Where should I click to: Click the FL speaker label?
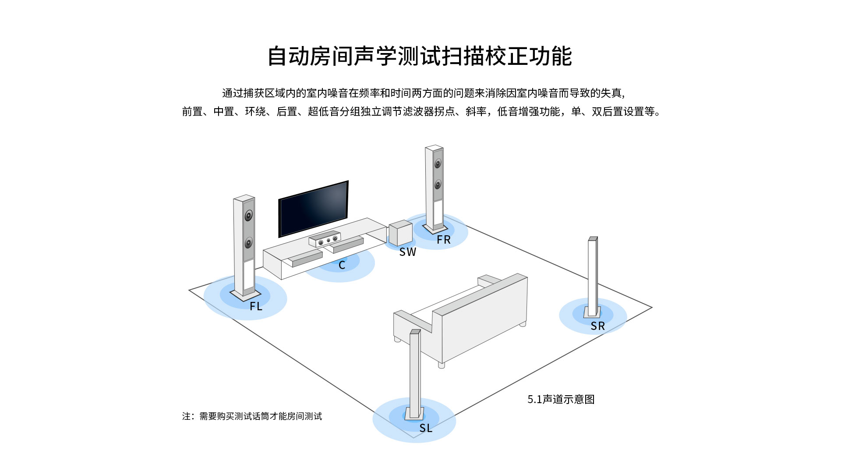click(x=256, y=306)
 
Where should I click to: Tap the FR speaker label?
click(x=443, y=240)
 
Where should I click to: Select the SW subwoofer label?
click(x=407, y=252)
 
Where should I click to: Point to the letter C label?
click(x=342, y=265)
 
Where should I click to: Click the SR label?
click(x=597, y=326)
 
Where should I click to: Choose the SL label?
click(x=426, y=428)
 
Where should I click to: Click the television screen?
click(x=314, y=208)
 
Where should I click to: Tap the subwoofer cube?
click(x=400, y=233)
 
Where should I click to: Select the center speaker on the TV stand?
click(x=325, y=239)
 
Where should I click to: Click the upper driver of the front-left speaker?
click(x=249, y=216)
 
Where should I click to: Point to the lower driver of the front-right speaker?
click(x=438, y=184)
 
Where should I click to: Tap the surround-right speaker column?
click(x=593, y=276)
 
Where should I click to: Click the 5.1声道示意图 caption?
click(x=561, y=399)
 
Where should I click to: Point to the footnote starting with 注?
click(x=252, y=416)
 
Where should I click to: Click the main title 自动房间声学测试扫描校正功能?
click(x=420, y=56)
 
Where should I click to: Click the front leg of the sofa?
click(x=442, y=365)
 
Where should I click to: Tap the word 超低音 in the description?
click(x=323, y=112)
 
